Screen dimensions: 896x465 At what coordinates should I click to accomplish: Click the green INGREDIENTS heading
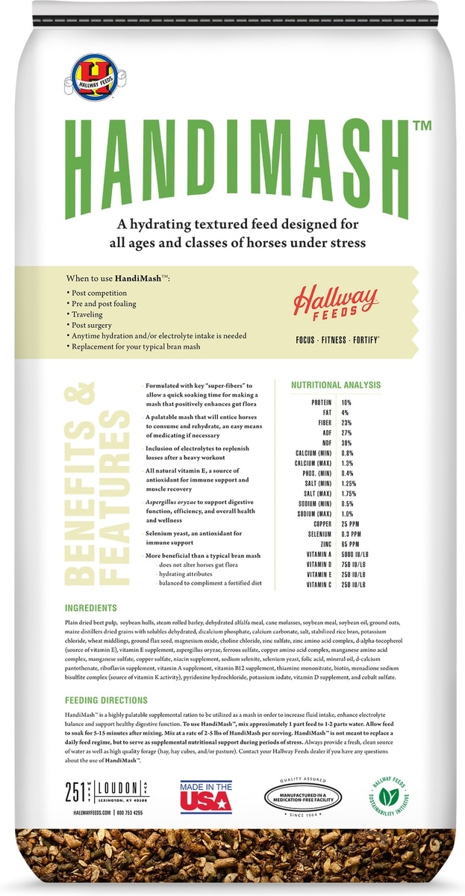pyautogui.click(x=90, y=608)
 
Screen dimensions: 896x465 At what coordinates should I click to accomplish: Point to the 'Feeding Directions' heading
pyautogui.click(x=106, y=701)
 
